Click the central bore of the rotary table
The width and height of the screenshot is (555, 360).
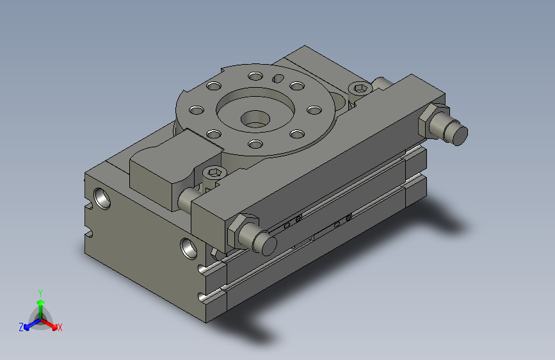(x=255, y=119)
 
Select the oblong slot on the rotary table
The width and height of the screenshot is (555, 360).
(x=278, y=78)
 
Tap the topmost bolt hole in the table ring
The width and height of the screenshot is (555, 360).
(x=255, y=76)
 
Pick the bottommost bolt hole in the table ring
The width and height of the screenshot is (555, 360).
(x=255, y=144)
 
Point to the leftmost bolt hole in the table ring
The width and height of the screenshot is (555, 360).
(x=197, y=110)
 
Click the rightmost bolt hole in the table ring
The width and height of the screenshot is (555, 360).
(x=314, y=110)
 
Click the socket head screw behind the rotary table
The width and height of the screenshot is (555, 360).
(x=360, y=88)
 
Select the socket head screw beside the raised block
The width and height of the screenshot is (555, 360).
(x=213, y=172)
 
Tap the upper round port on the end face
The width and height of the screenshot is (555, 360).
(x=102, y=199)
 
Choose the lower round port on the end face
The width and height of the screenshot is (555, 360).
(x=189, y=249)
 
